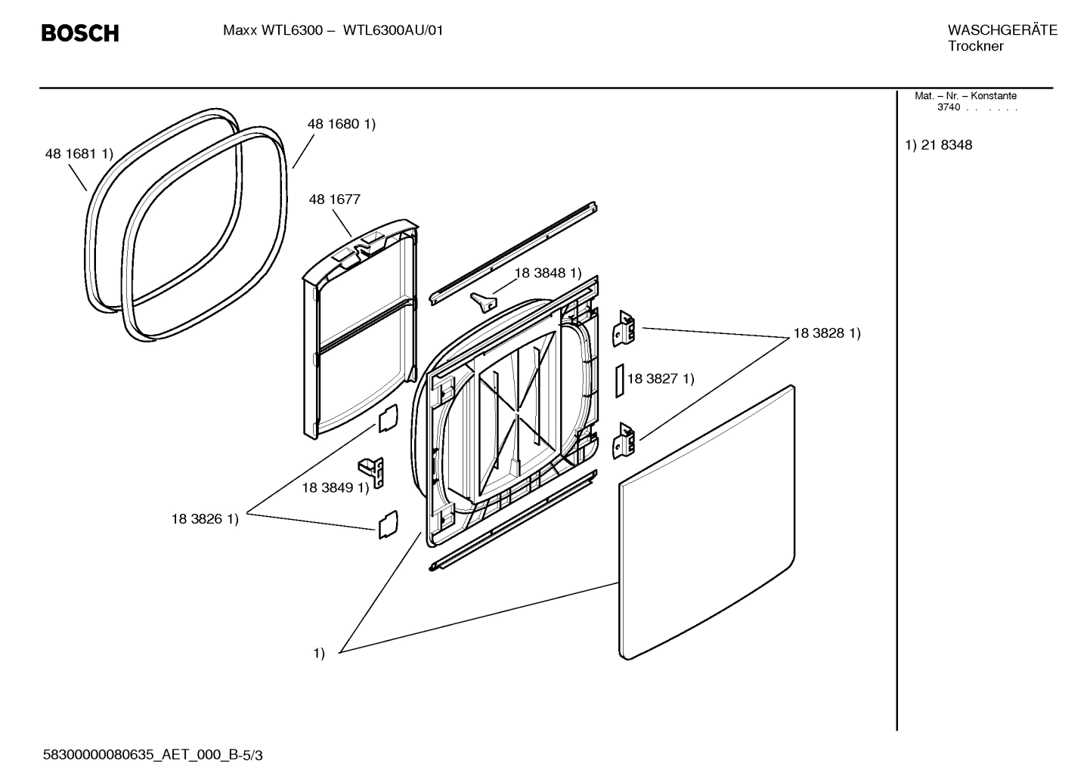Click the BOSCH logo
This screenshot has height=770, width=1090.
pos(80,33)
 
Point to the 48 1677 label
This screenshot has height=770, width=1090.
pos(334,199)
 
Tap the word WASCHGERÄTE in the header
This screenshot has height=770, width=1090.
pos(1002,30)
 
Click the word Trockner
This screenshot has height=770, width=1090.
pos(975,47)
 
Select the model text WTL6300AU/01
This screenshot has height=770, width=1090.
pos(393,31)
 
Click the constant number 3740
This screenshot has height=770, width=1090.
pos(948,107)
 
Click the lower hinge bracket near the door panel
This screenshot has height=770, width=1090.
pos(624,441)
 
